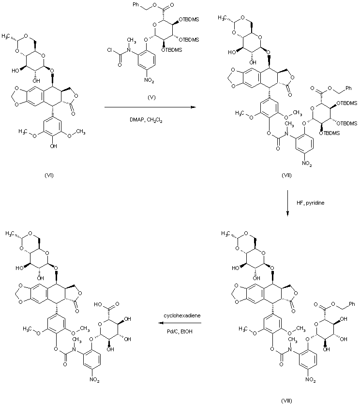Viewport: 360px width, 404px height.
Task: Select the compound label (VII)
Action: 286,175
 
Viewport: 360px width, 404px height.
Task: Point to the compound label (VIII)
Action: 286,400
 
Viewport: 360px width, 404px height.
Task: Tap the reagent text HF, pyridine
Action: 310,203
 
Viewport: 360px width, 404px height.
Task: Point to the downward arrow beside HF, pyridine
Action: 287,203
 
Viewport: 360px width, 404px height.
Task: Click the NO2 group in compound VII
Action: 308,165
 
